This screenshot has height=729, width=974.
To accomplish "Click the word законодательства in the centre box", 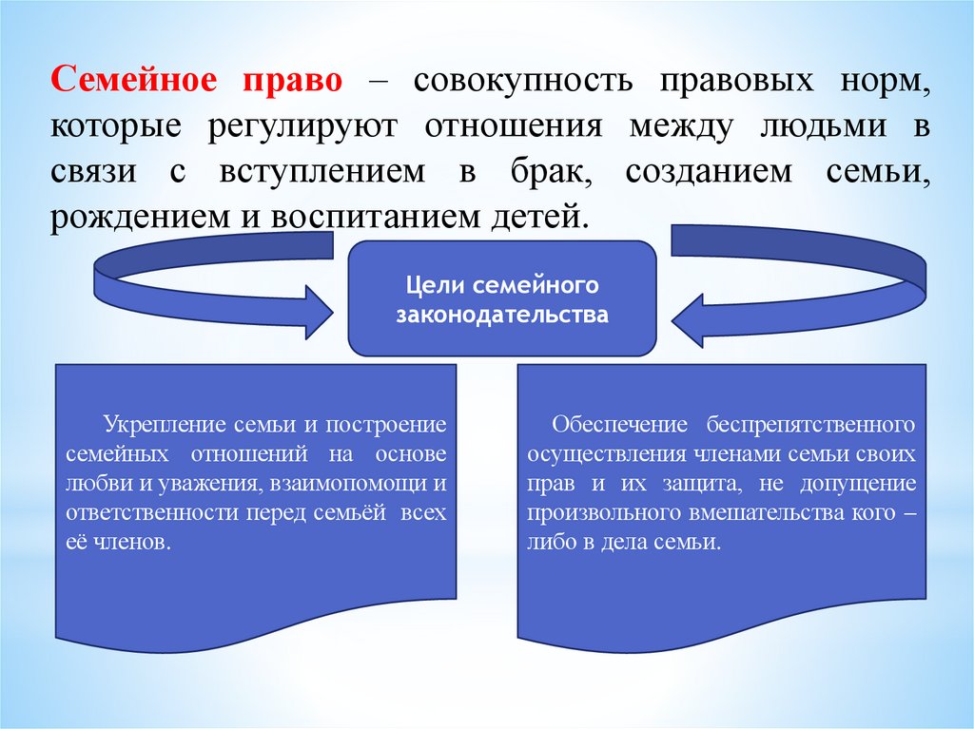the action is point(502,314).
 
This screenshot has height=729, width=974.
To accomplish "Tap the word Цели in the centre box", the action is point(429,285).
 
